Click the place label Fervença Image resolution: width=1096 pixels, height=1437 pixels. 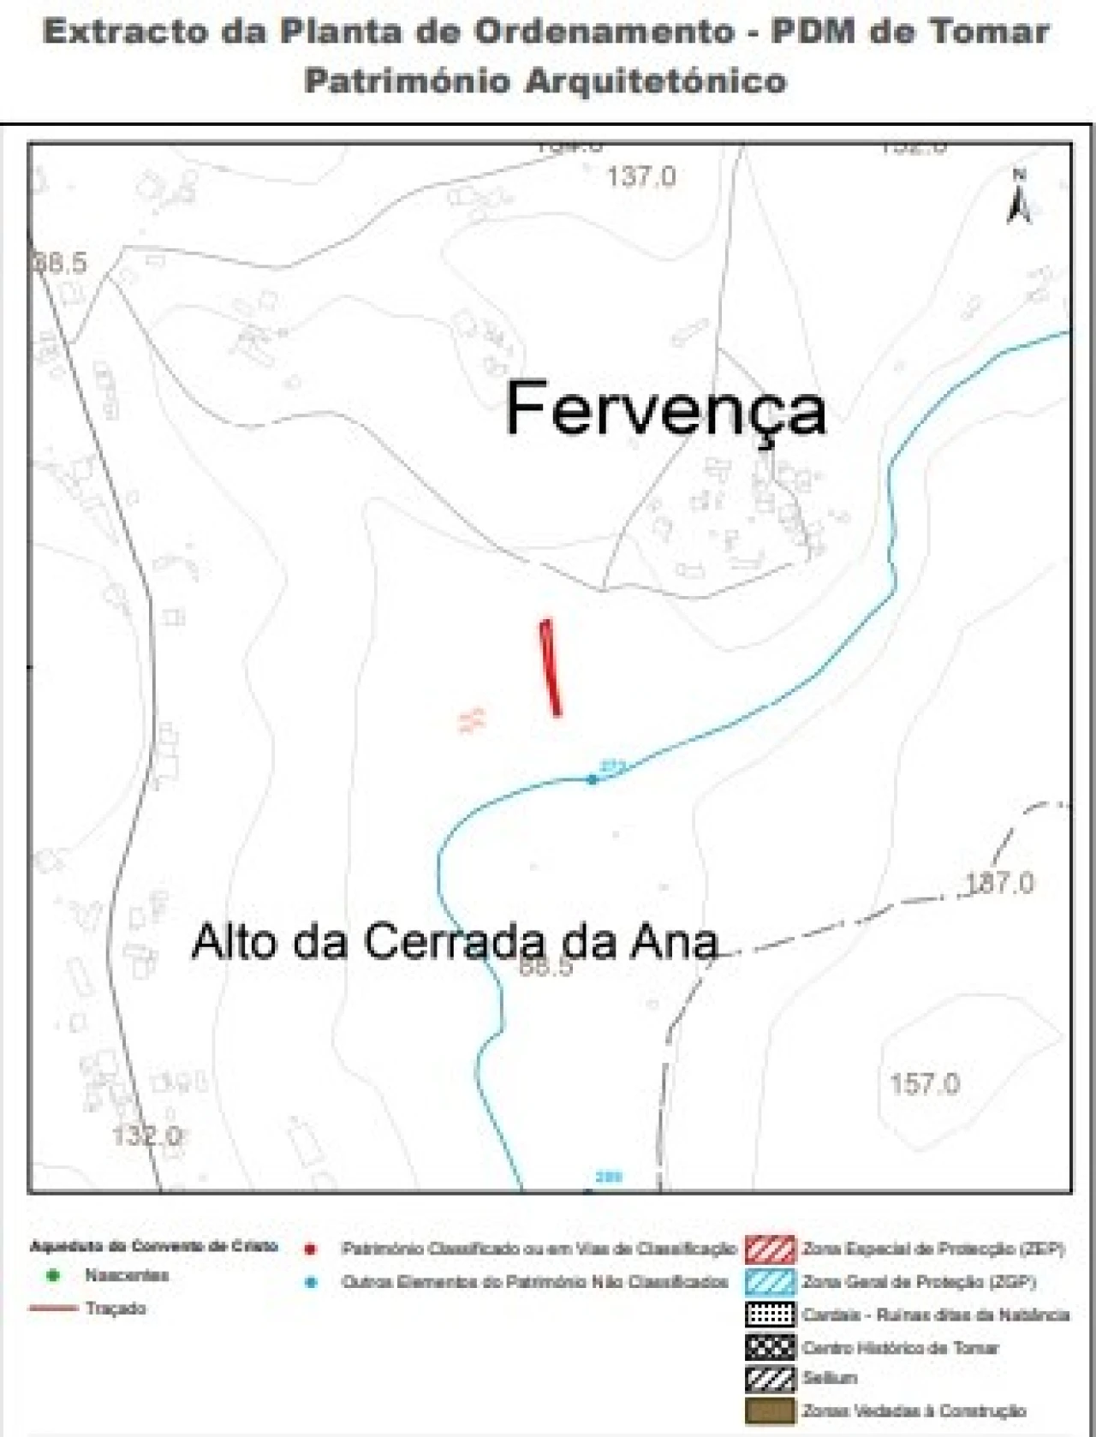click(665, 408)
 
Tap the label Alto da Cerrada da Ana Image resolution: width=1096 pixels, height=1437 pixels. click(454, 941)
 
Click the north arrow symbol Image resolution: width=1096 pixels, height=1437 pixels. click(1019, 199)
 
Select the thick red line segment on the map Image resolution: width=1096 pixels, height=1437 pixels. click(551, 667)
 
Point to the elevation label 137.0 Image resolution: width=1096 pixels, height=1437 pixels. click(641, 176)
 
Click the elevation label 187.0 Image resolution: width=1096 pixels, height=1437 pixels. click(999, 882)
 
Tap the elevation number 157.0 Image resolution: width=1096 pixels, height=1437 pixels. click(925, 1084)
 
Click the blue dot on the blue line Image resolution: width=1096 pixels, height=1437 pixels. click(592, 779)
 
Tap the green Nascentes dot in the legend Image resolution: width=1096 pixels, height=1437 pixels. click(53, 1275)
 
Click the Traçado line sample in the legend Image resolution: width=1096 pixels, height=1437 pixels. click(53, 1308)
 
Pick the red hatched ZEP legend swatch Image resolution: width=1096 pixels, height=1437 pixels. click(770, 1249)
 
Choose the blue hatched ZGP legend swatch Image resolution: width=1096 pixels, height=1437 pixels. click(770, 1282)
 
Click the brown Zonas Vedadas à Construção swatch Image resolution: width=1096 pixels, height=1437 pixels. click(770, 1410)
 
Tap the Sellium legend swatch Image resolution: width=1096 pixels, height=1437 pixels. click(770, 1379)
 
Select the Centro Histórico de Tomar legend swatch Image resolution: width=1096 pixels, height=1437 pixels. click(770, 1347)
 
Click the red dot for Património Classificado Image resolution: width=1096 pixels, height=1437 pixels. click(310, 1249)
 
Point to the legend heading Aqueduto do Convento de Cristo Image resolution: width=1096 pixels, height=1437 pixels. click(154, 1246)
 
